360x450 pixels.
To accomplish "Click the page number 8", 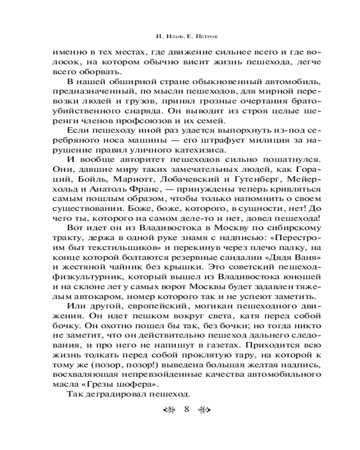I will tap(186, 409).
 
